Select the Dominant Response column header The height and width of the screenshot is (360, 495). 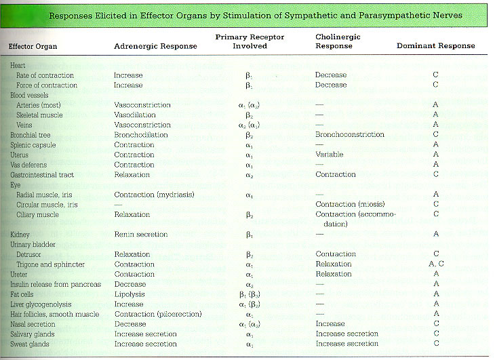point(436,46)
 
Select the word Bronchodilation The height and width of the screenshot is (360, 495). point(140,135)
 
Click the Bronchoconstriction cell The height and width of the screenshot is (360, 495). point(350,135)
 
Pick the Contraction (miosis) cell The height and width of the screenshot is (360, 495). point(350,205)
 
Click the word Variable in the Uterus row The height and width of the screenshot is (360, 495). point(329,155)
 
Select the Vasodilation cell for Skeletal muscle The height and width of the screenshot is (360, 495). point(135,115)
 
